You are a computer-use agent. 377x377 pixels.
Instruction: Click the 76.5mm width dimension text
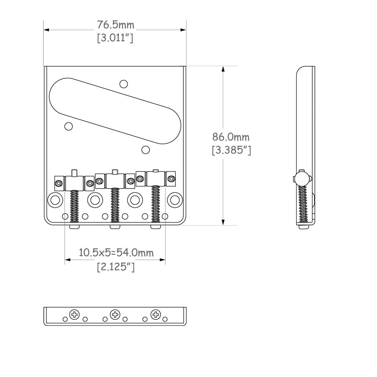point(115,25)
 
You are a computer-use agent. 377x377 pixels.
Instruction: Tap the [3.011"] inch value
point(115,38)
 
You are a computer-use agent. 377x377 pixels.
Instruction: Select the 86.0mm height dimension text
point(231,137)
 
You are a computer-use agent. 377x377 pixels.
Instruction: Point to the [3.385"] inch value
point(231,150)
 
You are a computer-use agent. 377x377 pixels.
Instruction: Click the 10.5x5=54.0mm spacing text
point(116,253)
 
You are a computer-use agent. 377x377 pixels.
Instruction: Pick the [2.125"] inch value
point(116,267)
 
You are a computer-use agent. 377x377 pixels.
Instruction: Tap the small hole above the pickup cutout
point(123,84)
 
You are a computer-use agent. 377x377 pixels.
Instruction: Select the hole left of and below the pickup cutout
point(68,126)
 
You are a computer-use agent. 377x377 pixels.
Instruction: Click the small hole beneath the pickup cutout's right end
point(145,150)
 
